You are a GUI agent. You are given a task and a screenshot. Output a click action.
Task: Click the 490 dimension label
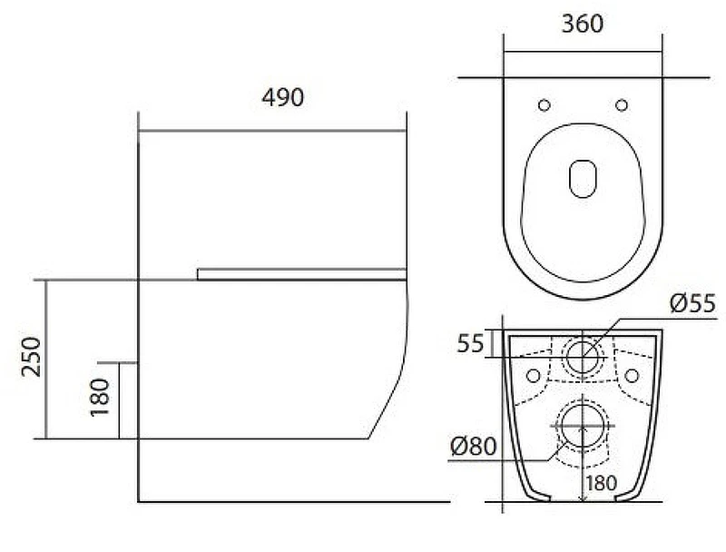pyautogui.click(x=282, y=97)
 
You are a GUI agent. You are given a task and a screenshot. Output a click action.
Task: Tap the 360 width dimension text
pyautogui.click(x=583, y=24)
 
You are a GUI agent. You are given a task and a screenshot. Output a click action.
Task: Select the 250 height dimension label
pyautogui.click(x=32, y=357)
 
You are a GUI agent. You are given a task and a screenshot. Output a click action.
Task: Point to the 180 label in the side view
pyautogui.click(x=100, y=398)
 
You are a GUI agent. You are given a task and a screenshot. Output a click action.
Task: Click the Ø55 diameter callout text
pyautogui.click(x=692, y=303)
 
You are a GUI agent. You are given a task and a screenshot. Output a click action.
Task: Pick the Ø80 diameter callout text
pyautogui.click(x=473, y=447)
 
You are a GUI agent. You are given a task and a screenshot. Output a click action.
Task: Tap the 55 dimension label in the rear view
pyautogui.click(x=470, y=343)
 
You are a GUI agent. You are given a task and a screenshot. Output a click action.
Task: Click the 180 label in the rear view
pyautogui.click(x=602, y=484)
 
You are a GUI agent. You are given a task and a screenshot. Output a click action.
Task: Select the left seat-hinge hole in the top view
pyautogui.click(x=544, y=105)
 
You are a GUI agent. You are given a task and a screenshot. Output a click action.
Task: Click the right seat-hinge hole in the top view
pyautogui.click(x=622, y=105)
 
